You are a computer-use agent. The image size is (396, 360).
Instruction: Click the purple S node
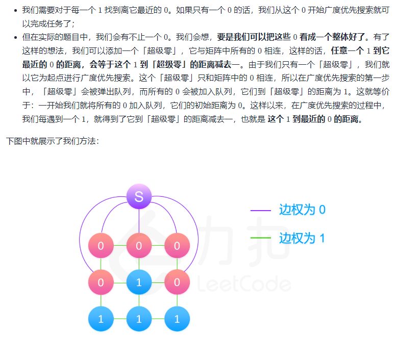tap(139, 196)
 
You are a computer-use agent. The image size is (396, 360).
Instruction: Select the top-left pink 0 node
tap(101, 246)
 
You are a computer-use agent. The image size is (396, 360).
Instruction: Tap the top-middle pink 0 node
tap(139, 246)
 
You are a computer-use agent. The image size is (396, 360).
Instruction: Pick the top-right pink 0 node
tap(177, 246)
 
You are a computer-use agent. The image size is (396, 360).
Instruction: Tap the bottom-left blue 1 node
tap(101, 319)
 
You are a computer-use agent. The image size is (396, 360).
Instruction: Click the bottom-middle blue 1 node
tap(139, 319)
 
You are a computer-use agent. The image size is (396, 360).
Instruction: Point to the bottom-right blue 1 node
tap(177, 319)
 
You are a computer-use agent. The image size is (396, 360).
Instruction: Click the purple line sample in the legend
tap(260, 210)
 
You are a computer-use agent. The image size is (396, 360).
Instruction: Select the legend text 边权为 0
tap(302, 210)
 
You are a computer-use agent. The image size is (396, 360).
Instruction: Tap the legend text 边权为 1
tap(302, 238)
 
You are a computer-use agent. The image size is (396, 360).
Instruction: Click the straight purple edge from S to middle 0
tap(139, 221)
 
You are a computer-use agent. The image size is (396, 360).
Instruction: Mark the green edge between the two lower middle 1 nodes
tap(139, 301)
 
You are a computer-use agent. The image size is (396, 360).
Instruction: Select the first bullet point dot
tap(15, 10)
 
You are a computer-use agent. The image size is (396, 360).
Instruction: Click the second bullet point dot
tap(15, 37)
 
